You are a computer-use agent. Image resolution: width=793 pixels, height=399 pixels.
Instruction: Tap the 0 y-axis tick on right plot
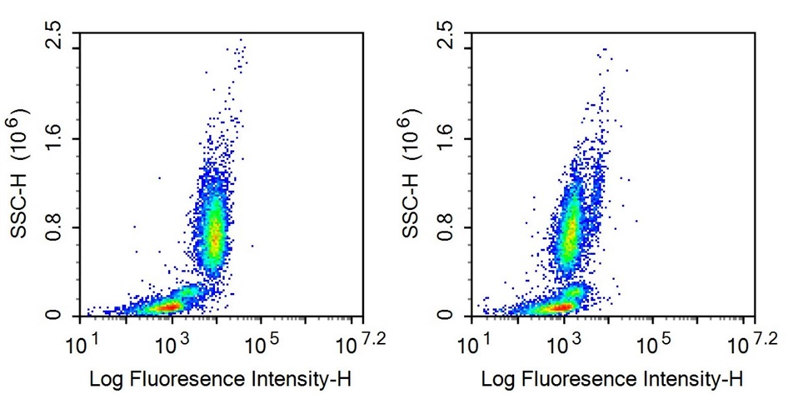coord(446,316)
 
